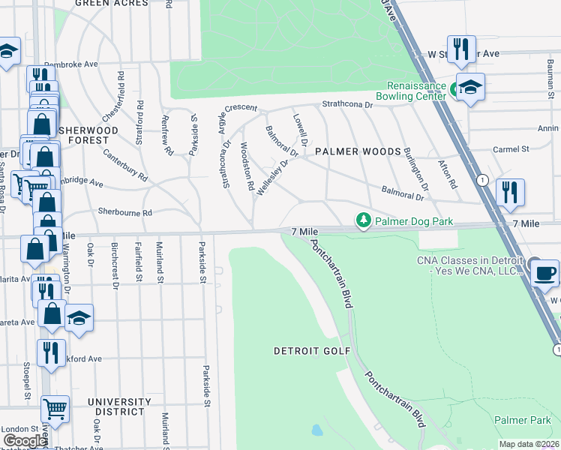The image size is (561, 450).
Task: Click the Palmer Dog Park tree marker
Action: (x=364, y=220)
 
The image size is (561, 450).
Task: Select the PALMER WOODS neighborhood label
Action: (x=358, y=151)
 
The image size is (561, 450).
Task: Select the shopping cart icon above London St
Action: (x=55, y=409)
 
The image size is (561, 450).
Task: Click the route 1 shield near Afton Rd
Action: (x=481, y=180)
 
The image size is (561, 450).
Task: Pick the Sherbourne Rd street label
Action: (x=124, y=212)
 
